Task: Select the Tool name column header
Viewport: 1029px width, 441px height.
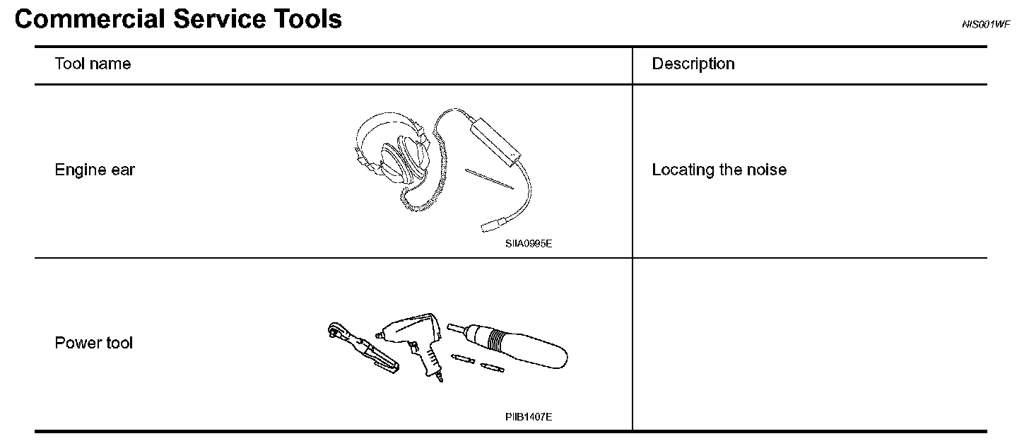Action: click(93, 64)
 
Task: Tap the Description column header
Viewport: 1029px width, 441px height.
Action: click(693, 64)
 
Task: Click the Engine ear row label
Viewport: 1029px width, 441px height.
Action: click(95, 170)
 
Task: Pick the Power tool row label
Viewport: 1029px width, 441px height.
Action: click(93, 343)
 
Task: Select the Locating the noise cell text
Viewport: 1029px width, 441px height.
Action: click(719, 170)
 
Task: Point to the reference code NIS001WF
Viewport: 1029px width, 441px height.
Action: click(985, 25)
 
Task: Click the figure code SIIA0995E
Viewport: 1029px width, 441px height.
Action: click(528, 244)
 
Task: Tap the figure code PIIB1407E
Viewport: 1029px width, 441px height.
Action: click(529, 417)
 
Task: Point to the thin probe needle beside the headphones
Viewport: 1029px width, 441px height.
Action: click(488, 178)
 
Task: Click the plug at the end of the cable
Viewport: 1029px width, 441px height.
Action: click(490, 225)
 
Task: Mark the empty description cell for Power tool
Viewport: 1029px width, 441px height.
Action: click(809, 343)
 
